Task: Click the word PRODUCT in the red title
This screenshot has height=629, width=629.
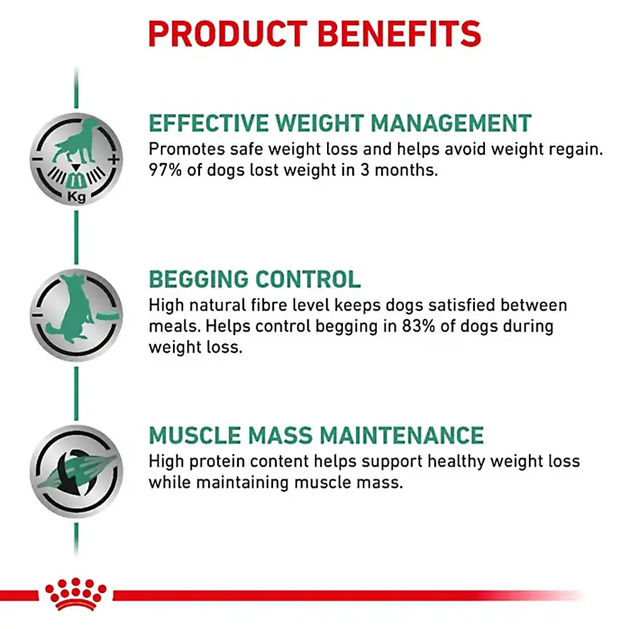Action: click(x=228, y=34)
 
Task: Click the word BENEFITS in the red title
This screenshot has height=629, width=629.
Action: click(x=399, y=34)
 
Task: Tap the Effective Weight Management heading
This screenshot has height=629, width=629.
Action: click(x=340, y=123)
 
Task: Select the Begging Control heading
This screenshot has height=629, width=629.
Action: click(x=255, y=279)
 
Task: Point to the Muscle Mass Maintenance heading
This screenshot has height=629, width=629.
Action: click(x=316, y=435)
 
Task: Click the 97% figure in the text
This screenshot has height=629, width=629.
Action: click(x=165, y=170)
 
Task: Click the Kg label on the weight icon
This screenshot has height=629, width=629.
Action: click(x=76, y=197)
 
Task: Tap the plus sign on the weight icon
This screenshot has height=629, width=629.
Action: click(x=114, y=159)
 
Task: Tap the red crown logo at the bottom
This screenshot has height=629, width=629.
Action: click(x=76, y=594)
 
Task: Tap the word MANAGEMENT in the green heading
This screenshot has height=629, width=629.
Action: click(x=451, y=123)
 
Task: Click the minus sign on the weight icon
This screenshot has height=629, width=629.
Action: click(x=37, y=159)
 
